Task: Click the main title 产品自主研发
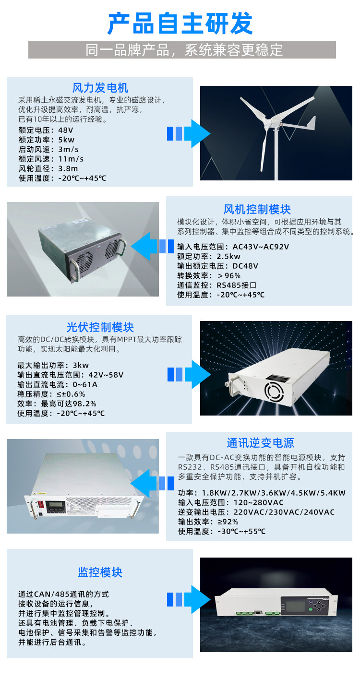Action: [x=180, y=24]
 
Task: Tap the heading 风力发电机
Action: [x=100, y=88]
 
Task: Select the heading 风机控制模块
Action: [x=257, y=209]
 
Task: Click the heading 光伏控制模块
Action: [x=100, y=327]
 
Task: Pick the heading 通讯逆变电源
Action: [x=260, y=443]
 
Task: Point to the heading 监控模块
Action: [x=100, y=572]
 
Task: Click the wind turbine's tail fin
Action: [x=311, y=123]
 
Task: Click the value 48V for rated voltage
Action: [x=66, y=130]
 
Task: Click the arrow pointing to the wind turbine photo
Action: [x=189, y=133]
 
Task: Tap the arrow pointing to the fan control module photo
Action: [x=152, y=246]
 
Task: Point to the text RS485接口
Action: [x=237, y=285]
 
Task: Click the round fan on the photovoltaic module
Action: [x=274, y=391]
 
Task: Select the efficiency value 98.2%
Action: [x=84, y=404]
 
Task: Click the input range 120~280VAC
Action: [x=258, y=502]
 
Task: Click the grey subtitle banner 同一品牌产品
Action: [x=182, y=49]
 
